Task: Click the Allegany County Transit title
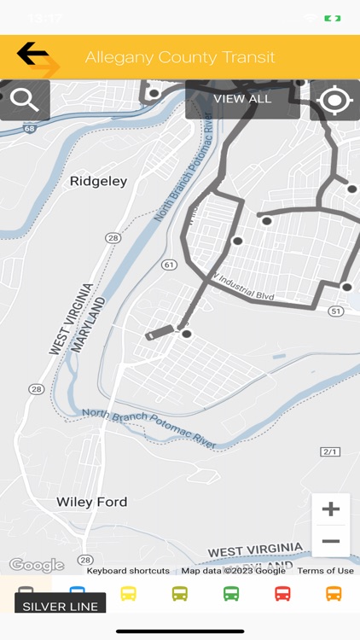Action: click(x=180, y=58)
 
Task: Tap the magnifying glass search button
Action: click(x=24, y=100)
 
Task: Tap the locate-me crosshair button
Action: click(x=334, y=100)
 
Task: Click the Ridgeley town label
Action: click(x=98, y=181)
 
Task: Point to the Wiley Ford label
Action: click(x=91, y=502)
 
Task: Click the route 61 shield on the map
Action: click(x=169, y=265)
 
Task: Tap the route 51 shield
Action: click(x=336, y=311)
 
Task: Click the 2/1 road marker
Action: click(x=330, y=451)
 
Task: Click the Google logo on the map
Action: click(x=36, y=565)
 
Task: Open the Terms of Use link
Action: click(x=325, y=571)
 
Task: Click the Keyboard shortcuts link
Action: click(x=128, y=571)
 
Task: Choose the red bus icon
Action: click(x=282, y=593)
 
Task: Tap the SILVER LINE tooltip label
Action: click(x=60, y=606)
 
